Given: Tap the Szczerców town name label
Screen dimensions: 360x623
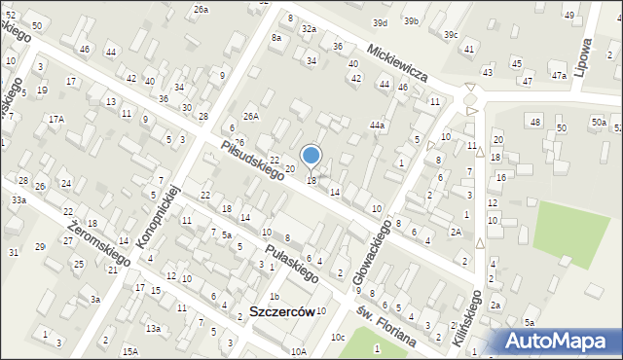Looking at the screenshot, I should [x=280, y=312].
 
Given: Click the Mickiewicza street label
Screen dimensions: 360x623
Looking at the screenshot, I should [x=399, y=60].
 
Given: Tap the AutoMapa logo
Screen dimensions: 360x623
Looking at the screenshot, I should [x=560, y=341].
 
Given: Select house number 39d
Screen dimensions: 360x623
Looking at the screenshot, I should [x=380, y=22].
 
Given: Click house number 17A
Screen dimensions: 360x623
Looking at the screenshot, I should [x=56, y=119].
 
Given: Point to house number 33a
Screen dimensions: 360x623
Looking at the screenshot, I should [x=18, y=199].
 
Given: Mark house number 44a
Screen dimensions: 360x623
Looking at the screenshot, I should [x=377, y=125].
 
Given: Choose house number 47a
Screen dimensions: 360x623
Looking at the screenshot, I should [x=558, y=75].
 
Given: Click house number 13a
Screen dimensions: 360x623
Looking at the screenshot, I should [x=153, y=329].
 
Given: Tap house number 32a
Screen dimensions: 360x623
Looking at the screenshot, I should [x=309, y=29].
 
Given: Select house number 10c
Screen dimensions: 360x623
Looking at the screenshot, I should [x=337, y=337].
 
